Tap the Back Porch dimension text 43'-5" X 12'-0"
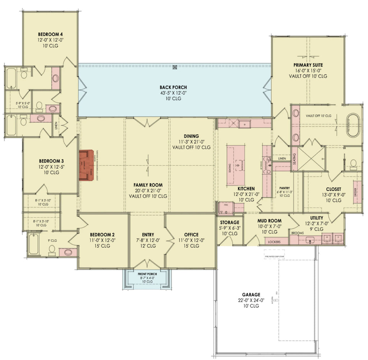pyautogui.click(x=173, y=93)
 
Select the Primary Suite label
pyautogui.click(x=308, y=65)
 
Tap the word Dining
pyautogui.click(x=191, y=136)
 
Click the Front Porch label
pyautogui.click(x=147, y=274)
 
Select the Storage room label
pyautogui.click(x=229, y=223)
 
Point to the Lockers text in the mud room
pyautogui.click(x=275, y=242)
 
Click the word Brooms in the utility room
pyautogui.click(x=298, y=233)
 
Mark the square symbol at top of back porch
pyautogui.click(x=175, y=67)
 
